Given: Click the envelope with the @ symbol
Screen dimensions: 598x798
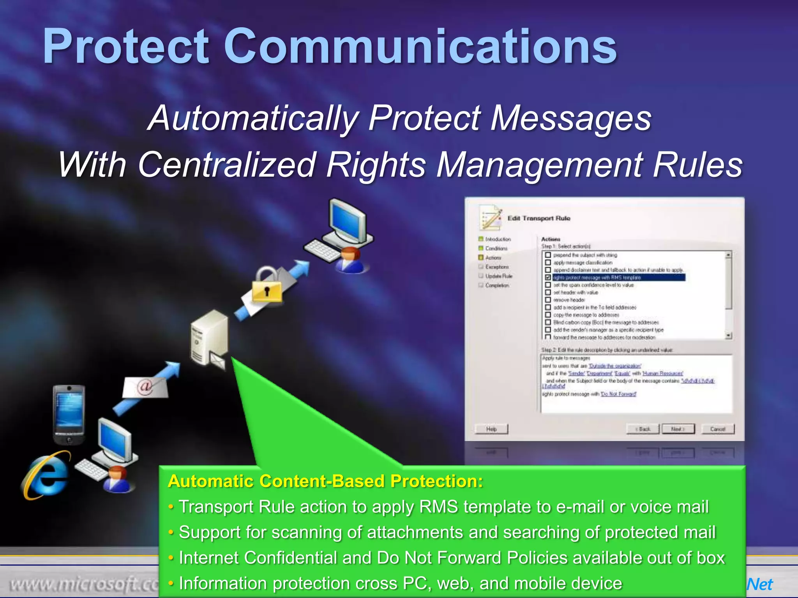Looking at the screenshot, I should click(145, 387).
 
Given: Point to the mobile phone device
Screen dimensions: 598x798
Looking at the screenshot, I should click(69, 414).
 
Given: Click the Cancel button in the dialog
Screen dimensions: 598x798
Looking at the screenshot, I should click(717, 429).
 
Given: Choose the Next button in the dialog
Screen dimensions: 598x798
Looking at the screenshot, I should click(678, 429).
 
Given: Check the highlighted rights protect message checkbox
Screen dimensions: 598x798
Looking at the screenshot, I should click(548, 278).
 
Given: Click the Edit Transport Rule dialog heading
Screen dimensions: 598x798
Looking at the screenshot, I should click(538, 218).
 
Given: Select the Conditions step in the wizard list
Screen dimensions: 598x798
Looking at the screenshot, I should click(496, 248).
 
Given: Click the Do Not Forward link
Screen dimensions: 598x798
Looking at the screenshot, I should click(618, 394).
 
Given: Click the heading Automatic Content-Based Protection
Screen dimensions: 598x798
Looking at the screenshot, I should click(325, 481).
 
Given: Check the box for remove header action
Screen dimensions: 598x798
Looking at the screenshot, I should click(548, 300).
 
